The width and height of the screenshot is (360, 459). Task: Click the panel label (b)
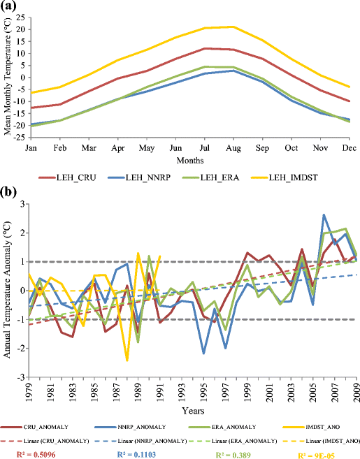9,190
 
